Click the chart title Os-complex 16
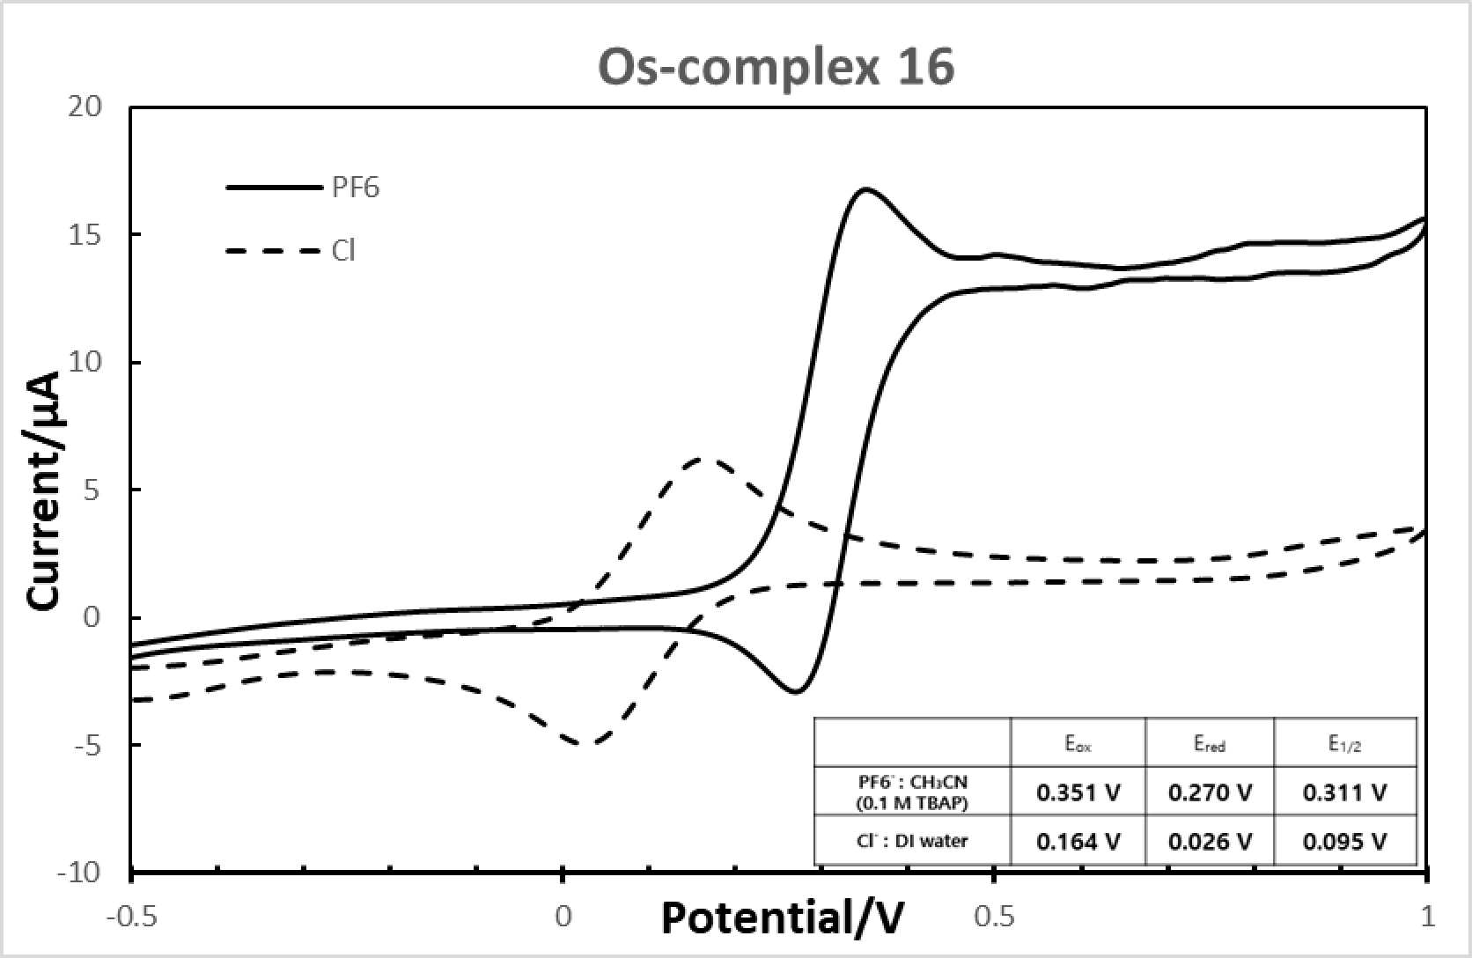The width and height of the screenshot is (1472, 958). point(776,68)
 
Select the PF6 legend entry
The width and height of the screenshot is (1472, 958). point(303,188)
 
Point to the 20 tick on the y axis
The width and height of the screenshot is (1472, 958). point(85,107)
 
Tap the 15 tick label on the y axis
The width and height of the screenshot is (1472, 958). point(85,234)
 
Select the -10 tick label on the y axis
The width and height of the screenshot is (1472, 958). point(79,873)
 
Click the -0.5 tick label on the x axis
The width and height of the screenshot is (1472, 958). point(132,917)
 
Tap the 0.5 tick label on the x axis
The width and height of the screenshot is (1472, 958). point(995,917)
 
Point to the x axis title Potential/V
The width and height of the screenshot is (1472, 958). point(783,917)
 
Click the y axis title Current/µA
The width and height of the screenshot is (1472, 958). point(45,490)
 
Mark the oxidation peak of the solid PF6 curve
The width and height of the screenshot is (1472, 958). point(865,190)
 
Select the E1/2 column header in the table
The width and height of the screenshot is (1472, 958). point(1344,744)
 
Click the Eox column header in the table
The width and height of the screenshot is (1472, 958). point(1078,743)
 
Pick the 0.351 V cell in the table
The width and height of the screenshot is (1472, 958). point(1078,793)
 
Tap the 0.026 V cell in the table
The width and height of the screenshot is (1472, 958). point(1210,842)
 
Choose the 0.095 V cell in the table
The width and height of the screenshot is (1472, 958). point(1344,842)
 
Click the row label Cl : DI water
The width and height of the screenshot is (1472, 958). point(913,841)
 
